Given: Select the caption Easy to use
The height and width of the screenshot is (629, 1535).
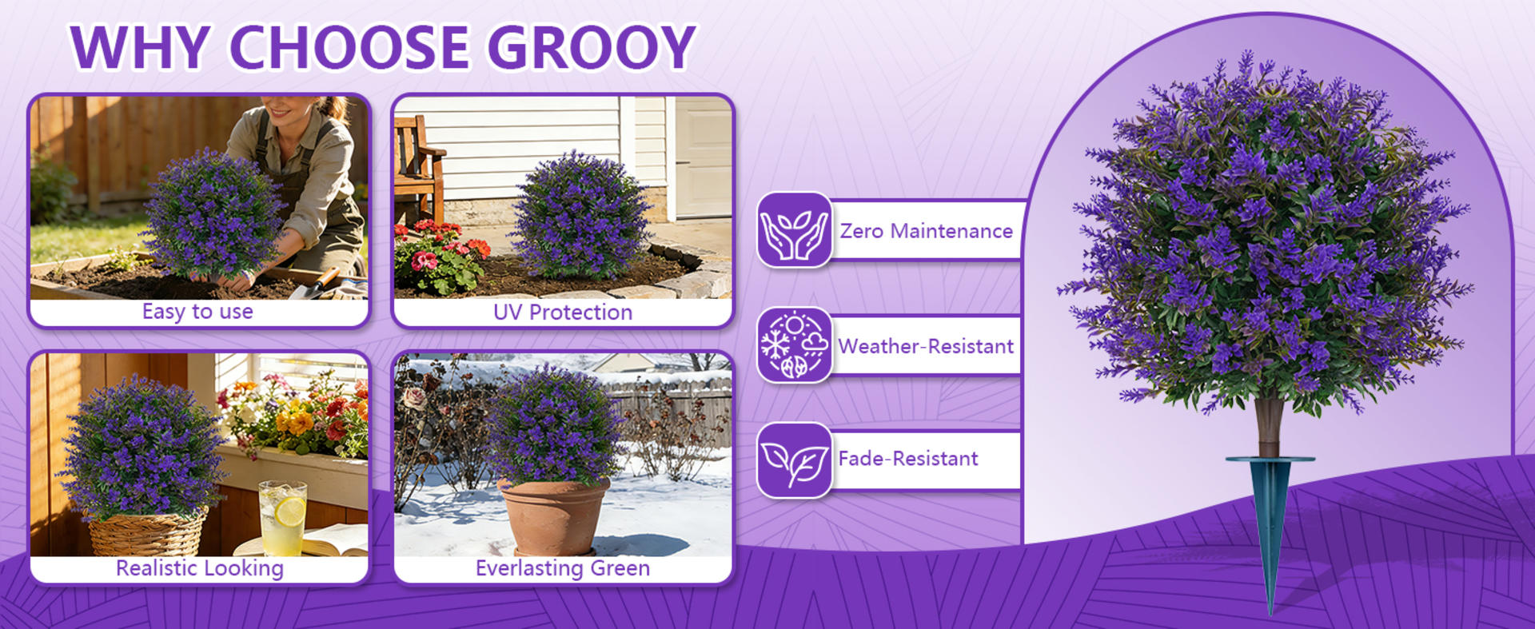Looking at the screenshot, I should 197,312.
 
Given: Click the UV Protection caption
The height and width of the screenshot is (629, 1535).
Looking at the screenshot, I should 562,313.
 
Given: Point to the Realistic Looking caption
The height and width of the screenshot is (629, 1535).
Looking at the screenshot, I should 199,568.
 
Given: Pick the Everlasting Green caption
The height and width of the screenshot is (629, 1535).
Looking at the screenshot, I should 562,568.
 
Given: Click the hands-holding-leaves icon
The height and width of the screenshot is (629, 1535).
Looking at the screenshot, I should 794,230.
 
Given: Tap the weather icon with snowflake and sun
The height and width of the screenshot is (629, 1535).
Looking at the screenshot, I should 794,345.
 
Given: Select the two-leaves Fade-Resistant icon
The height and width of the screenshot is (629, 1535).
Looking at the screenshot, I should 794,460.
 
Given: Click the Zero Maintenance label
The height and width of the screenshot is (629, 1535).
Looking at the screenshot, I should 926,231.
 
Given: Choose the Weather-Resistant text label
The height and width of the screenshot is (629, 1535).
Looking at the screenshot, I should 926,346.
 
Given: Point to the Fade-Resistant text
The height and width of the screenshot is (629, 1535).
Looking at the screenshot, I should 908,459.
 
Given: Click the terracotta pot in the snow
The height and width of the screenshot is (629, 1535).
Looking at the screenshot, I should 553,516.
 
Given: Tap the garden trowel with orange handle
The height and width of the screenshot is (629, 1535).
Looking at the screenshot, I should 318,282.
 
